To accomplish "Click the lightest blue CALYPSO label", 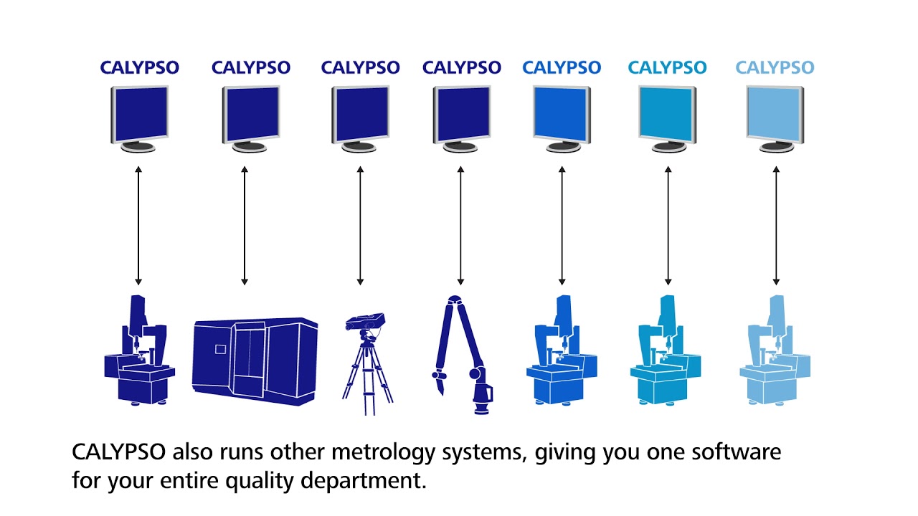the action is point(775,68).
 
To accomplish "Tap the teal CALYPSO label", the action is point(667,68).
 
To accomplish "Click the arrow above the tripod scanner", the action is point(360,226).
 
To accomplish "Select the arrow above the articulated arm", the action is point(460,226).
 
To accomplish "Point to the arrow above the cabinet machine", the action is point(244,226).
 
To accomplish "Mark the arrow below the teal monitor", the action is point(668,226).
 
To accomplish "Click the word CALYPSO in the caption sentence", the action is point(119,453).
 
